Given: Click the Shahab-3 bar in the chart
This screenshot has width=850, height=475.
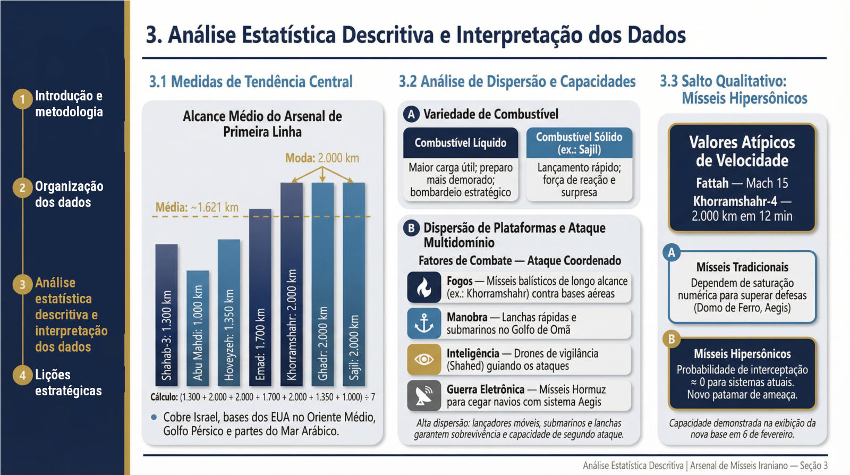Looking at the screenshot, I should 166,315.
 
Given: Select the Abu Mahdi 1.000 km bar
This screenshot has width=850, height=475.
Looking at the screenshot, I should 198,328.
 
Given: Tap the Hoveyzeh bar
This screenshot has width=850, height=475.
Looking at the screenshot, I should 229,312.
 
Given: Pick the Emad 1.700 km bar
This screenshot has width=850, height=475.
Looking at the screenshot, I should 260,297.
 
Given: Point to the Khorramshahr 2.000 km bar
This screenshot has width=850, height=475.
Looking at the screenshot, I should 292,284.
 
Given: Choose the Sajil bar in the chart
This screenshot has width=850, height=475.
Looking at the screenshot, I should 354,284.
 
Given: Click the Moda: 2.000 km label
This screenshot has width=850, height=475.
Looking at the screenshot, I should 322,158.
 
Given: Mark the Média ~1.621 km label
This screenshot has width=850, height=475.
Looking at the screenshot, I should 197,207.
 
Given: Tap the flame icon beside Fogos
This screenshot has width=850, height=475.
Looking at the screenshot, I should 424,287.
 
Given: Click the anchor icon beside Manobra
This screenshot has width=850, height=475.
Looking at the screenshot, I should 424,324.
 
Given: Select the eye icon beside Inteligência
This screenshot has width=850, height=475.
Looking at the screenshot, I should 424,360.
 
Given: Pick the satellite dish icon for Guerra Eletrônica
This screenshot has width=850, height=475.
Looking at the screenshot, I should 424,396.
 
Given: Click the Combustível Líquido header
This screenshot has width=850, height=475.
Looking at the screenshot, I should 461,143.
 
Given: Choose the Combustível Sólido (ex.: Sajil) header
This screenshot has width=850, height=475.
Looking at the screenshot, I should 579,143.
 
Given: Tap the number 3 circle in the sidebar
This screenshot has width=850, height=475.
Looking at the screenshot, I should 22,285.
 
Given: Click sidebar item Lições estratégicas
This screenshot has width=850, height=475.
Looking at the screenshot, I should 68,383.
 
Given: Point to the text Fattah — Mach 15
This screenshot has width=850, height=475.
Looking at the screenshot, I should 742,183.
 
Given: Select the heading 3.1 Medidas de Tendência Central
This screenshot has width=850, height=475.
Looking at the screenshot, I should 251,82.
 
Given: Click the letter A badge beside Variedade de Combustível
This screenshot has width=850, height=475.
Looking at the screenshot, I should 411,114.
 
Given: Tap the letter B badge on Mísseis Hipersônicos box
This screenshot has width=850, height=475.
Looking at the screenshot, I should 671,339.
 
